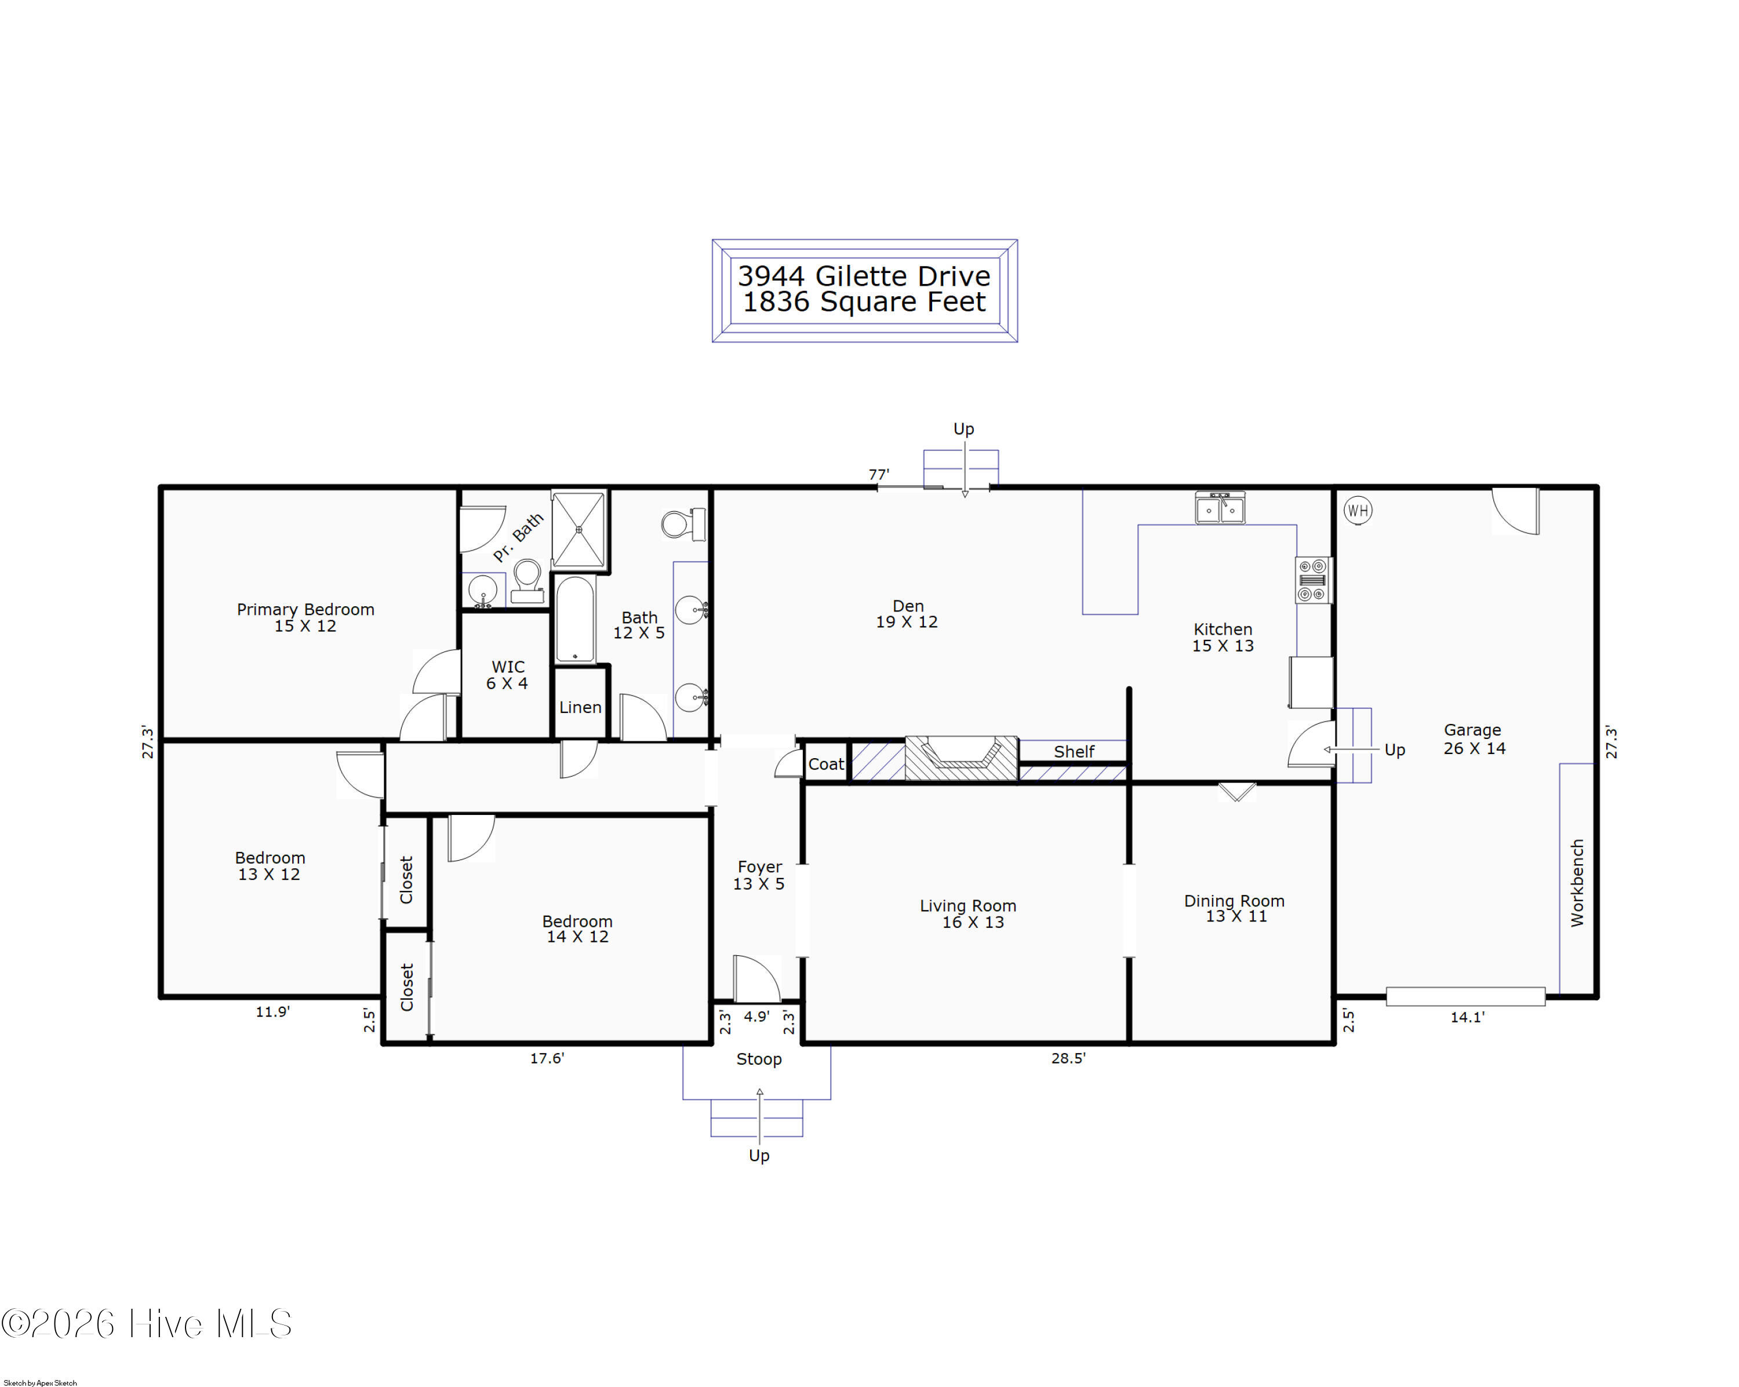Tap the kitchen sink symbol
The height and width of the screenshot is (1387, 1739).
point(1220,508)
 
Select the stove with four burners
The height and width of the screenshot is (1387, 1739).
point(1312,580)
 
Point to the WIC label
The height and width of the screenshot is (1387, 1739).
point(508,667)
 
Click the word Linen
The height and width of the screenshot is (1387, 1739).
point(581,707)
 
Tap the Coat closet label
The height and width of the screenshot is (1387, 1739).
point(826,764)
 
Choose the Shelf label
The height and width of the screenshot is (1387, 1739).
point(1074,752)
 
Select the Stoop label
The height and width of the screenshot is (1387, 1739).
point(759,1059)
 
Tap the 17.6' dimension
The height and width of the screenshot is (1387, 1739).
point(547,1058)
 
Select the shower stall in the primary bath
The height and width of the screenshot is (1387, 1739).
point(579,530)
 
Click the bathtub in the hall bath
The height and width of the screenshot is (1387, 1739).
point(575,620)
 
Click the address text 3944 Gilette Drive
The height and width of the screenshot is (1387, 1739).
point(864,276)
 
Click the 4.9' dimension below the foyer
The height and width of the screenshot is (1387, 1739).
point(756,1016)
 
